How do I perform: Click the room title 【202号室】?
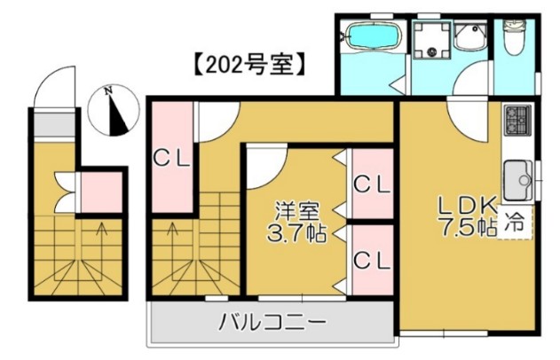[250, 64]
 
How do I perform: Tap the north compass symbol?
[110, 110]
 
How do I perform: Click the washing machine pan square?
[432, 41]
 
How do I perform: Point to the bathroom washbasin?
[470, 36]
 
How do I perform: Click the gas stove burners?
[517, 119]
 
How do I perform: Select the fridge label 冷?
[515, 224]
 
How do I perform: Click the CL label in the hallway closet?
[171, 160]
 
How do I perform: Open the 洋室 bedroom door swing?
[266, 167]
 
